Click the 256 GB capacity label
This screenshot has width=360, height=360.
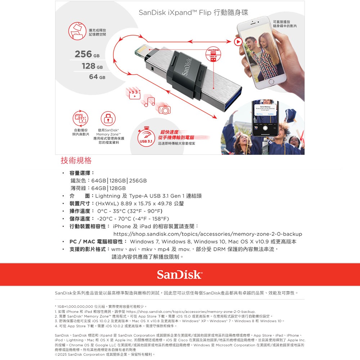(87, 54)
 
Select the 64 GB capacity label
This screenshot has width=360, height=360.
(97, 77)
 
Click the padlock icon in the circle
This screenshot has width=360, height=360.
(108, 118)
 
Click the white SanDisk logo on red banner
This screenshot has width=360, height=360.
(179, 275)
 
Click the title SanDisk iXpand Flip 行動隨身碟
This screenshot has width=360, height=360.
(193, 13)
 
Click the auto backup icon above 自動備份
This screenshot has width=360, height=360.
(81, 118)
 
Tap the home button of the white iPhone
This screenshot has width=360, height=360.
(271, 82)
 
